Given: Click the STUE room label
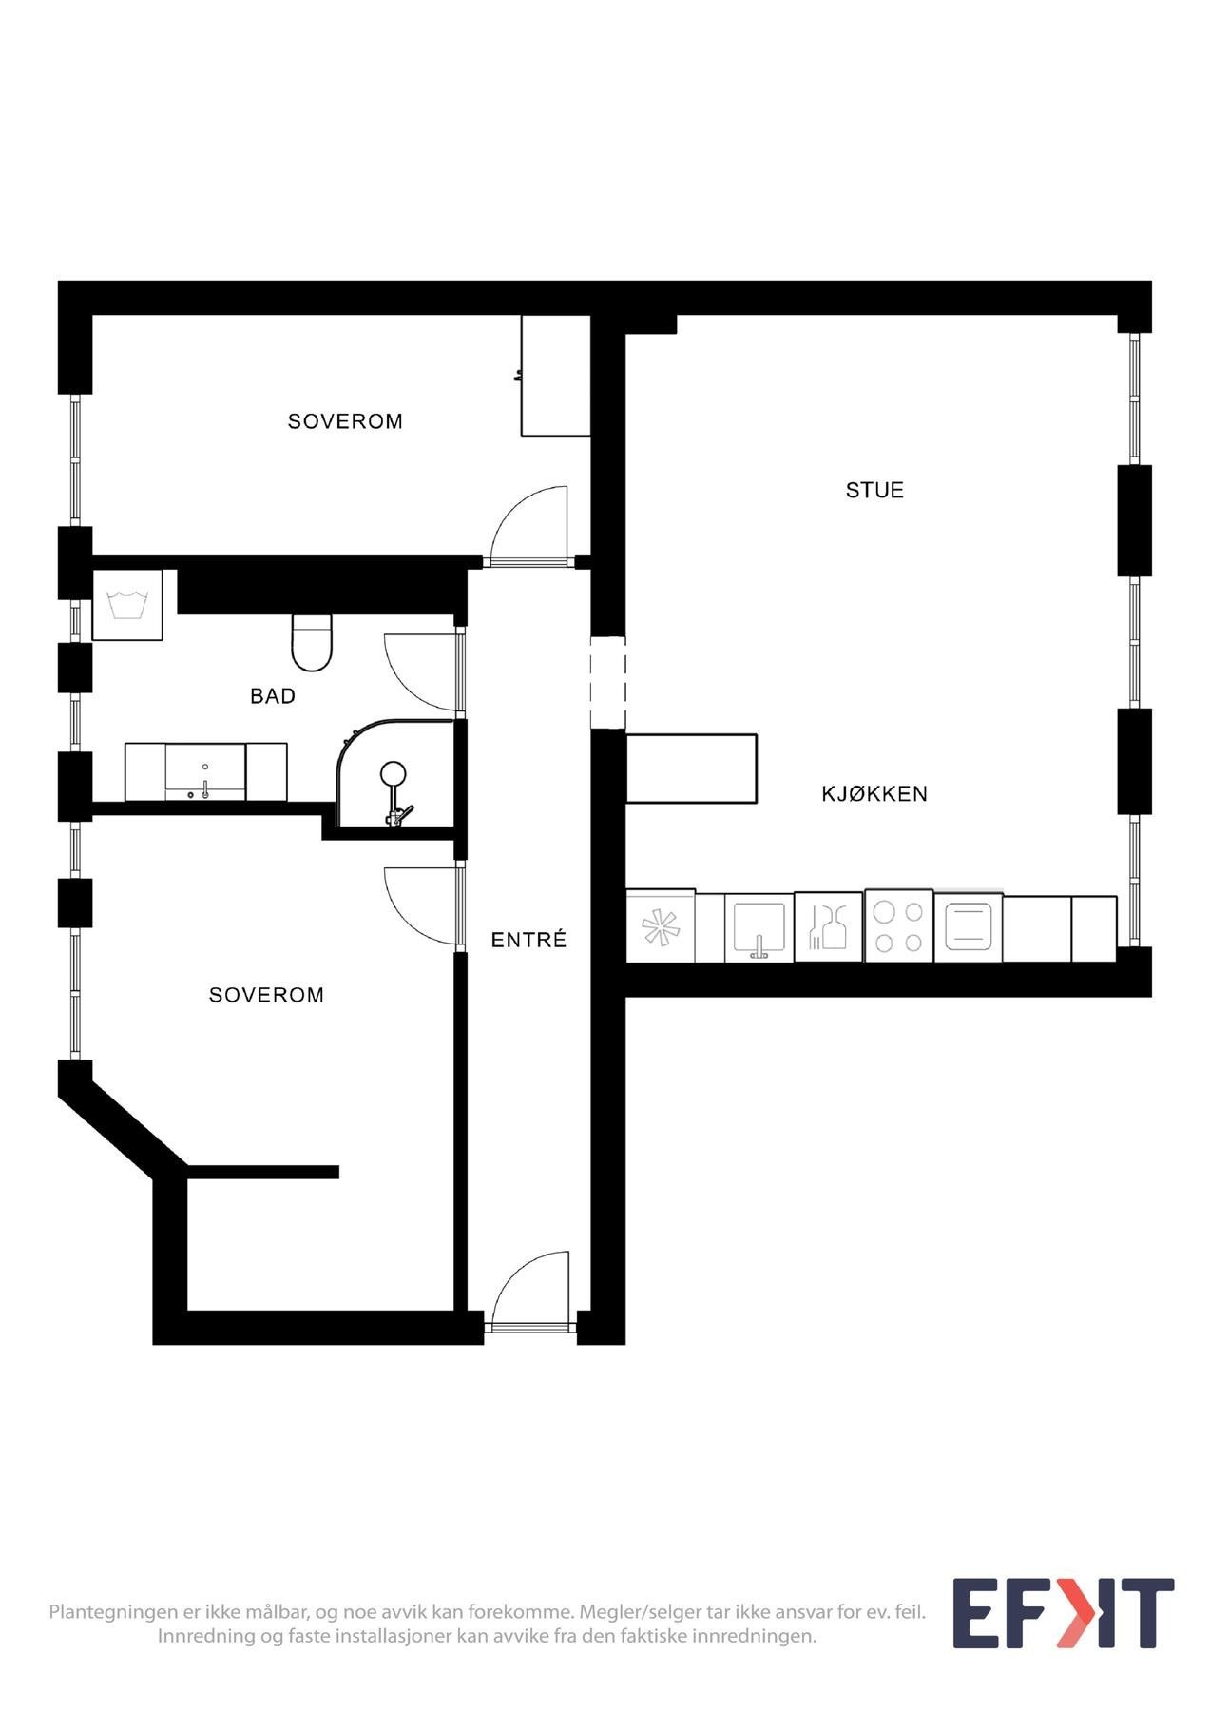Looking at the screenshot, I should (874, 491).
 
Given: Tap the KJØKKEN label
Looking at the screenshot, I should (874, 793).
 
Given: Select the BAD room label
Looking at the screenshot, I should (273, 696).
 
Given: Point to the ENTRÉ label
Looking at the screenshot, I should (528, 941).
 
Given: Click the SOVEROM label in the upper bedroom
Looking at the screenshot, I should (345, 421).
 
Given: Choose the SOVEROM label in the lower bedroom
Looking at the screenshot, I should (266, 995).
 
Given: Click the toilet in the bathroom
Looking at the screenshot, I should (311, 642).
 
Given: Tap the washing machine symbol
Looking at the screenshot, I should (127, 605).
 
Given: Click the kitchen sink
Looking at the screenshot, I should (759, 927).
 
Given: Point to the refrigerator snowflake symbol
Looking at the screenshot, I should (661, 927).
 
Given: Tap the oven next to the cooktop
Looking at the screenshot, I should (969, 927).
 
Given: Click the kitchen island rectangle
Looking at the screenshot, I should (692, 768).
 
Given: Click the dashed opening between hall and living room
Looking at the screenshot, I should (608, 682).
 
